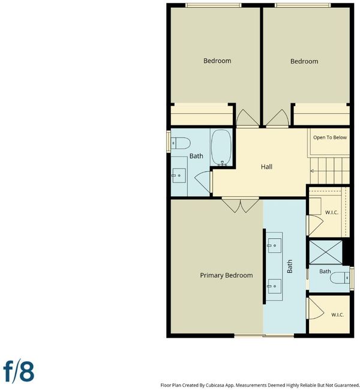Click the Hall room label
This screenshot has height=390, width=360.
(266, 166)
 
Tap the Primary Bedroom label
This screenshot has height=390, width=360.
(226, 275)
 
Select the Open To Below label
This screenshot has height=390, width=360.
(330, 137)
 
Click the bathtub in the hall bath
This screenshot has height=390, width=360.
(221, 148)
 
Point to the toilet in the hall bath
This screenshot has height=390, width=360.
(181, 143)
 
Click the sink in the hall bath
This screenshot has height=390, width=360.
(179, 175)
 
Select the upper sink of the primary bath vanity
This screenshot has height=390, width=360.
(274, 245)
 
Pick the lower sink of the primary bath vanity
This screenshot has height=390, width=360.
(274, 286)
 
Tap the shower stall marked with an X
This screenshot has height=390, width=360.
(326, 252)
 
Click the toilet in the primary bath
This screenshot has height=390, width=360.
(340, 278)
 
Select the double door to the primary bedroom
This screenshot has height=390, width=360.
(241, 205)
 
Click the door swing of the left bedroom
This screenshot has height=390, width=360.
(248, 118)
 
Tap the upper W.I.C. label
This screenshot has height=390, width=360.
(332, 212)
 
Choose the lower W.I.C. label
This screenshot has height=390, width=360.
(338, 314)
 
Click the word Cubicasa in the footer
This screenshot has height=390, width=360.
(216, 385)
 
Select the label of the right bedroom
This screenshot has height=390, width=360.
(304, 61)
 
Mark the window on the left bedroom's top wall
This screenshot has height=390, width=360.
(214, 5)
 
